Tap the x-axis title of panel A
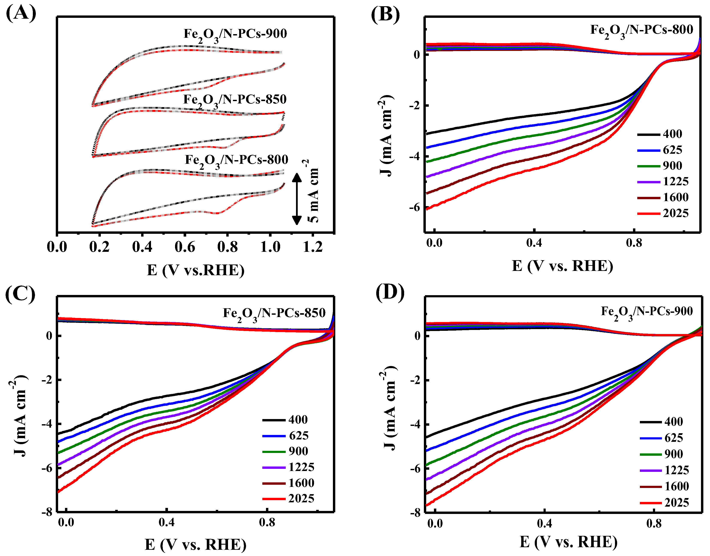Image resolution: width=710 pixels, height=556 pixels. pyautogui.click(x=195, y=270)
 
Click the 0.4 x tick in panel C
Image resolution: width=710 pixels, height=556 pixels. pyautogui.click(x=166, y=523)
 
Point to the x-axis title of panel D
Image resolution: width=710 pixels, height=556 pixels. pyautogui.click(x=568, y=542)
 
